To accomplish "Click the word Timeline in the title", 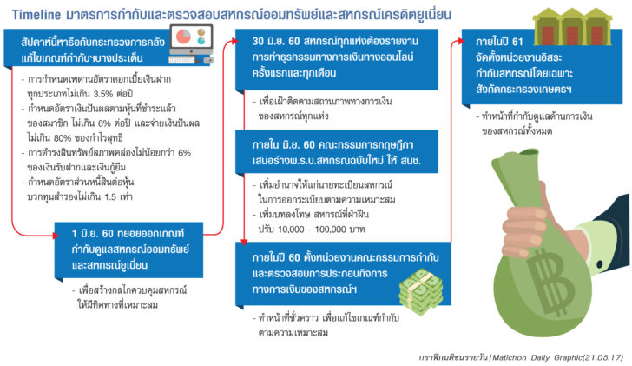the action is pyautogui.click(x=36, y=15).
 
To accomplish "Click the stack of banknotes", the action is pyautogui.click(x=421, y=292).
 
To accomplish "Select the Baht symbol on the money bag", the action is pyautogui.click(x=551, y=282).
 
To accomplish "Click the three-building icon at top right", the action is pyautogui.click(x=572, y=26).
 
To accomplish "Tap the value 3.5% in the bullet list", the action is pyautogui.click(x=102, y=94).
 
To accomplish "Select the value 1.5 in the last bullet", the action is pyautogui.click(x=110, y=197).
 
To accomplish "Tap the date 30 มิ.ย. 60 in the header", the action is pyautogui.click(x=276, y=41).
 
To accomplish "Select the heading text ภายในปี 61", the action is pyautogui.click(x=499, y=42).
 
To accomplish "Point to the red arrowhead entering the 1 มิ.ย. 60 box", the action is pyautogui.click(x=56, y=236).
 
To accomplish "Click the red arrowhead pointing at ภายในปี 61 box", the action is pyautogui.click(x=461, y=40).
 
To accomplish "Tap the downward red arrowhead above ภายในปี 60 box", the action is pyautogui.click(x=244, y=243).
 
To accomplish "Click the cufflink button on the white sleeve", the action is pyautogui.click(x=599, y=264).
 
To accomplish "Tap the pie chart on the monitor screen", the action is pyautogui.click(x=183, y=37).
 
